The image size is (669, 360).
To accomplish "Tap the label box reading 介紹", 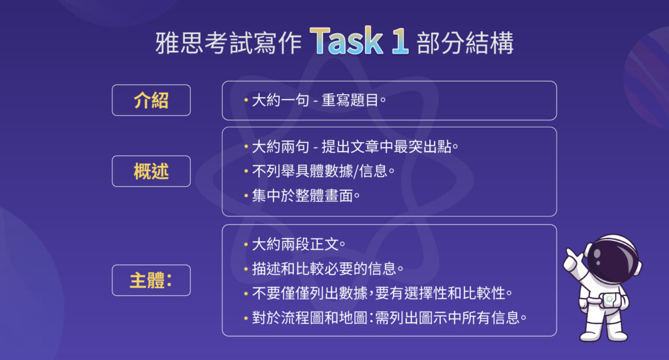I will tap(151, 101).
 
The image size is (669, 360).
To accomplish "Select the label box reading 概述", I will tap(151, 171).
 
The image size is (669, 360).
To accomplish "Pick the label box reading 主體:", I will tap(151, 280).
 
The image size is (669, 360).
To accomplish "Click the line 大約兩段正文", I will tap(298, 244).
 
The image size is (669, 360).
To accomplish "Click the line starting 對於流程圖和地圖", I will tap(389, 318).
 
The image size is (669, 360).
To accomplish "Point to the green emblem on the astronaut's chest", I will tap(608, 299).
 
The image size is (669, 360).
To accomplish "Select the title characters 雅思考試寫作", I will tap(229, 42).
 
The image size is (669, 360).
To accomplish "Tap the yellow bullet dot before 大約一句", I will tap(246, 101).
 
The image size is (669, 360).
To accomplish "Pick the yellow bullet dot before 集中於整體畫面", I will tap(246, 195).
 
